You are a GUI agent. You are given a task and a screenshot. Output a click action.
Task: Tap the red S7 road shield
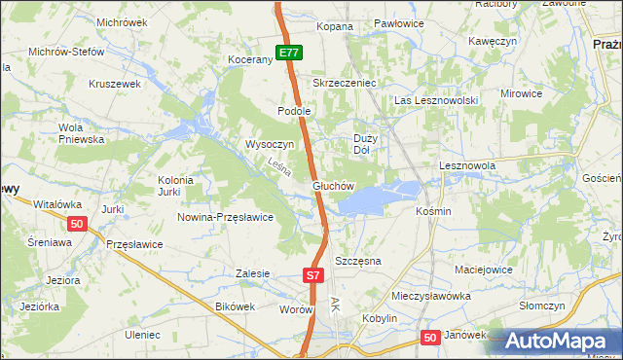[x=311, y=275]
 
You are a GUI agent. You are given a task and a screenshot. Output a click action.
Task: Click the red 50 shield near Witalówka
[x=79, y=224]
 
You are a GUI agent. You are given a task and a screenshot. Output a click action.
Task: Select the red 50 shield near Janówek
[x=431, y=337]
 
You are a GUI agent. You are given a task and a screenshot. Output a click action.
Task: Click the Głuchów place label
[x=332, y=185]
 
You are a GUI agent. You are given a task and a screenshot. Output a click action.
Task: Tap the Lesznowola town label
[x=467, y=165]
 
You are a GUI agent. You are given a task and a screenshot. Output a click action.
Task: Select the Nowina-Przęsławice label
[x=225, y=217]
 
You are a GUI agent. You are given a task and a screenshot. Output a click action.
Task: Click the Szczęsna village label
[x=357, y=262]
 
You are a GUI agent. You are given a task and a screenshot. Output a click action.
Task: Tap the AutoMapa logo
[x=559, y=342]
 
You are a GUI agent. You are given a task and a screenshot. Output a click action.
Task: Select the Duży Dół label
[x=361, y=144]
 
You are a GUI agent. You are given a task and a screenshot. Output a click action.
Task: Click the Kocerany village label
[x=249, y=60]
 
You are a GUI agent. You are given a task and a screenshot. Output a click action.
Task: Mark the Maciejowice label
[x=484, y=268]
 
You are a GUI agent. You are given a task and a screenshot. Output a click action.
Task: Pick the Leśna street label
[x=280, y=168]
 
